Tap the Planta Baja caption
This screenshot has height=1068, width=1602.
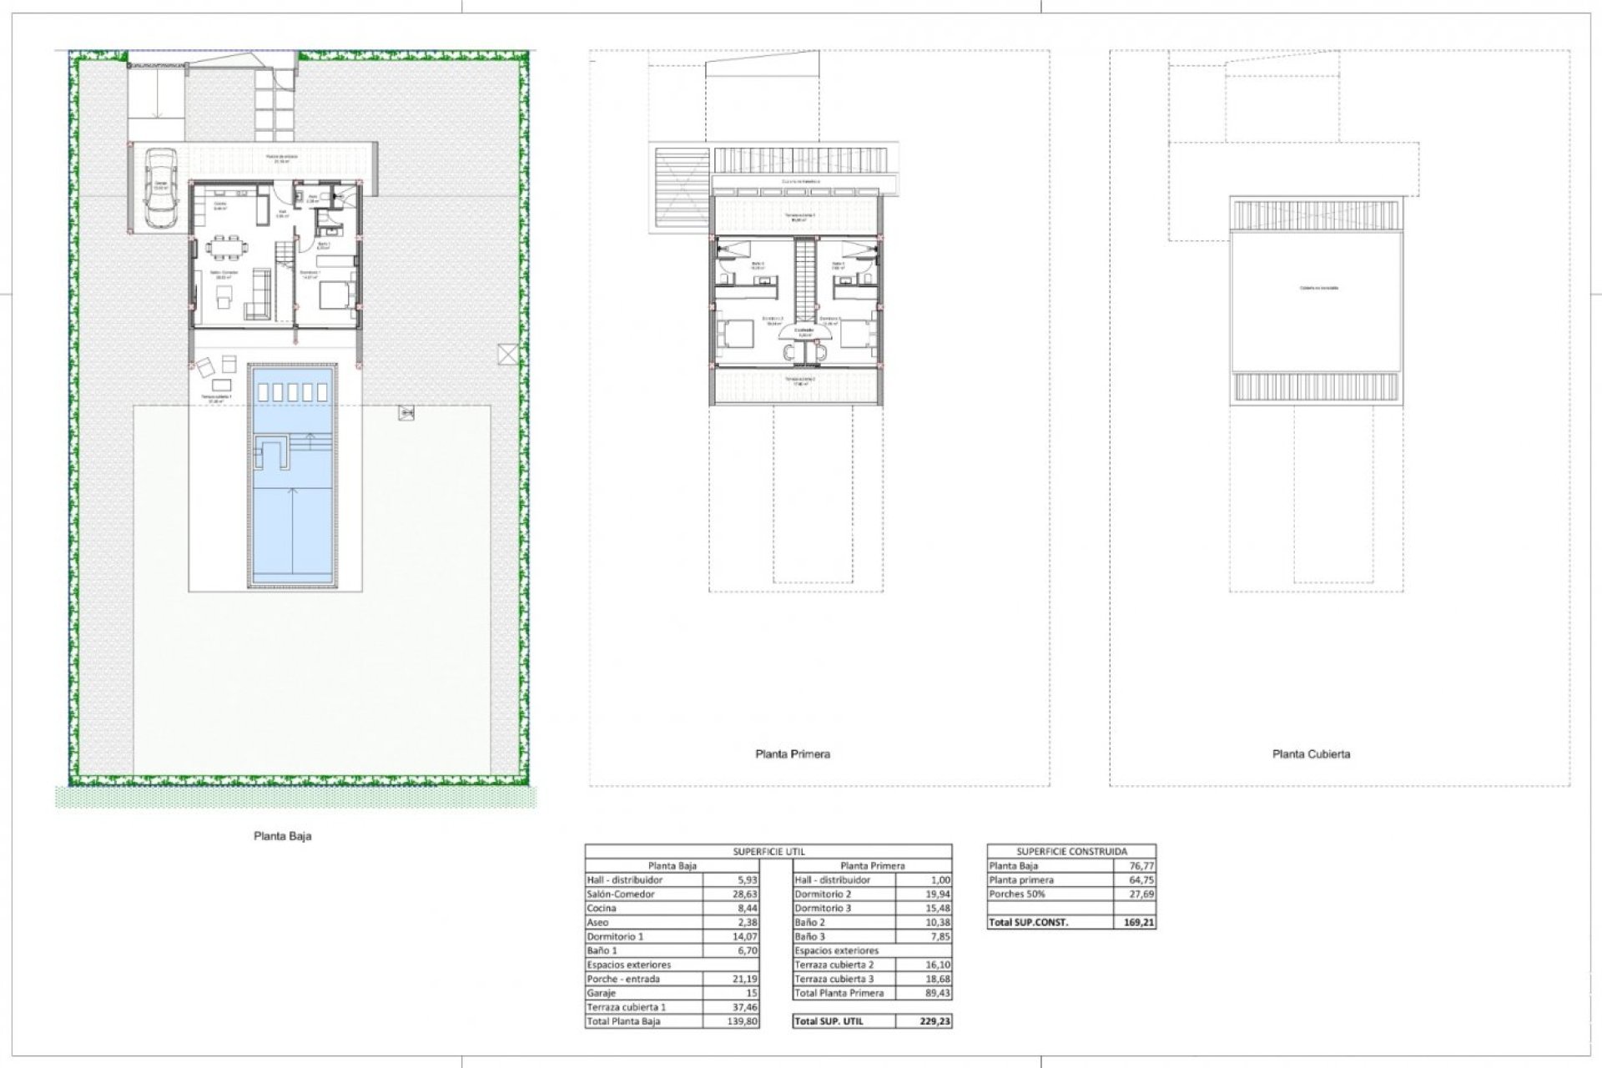pos(283,836)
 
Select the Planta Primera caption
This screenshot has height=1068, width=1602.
pos(793,754)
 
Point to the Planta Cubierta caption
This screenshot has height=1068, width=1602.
pos(1311,754)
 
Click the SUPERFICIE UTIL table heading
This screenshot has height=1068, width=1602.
pos(768,852)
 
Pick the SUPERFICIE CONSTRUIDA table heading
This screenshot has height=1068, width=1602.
pos(1071,852)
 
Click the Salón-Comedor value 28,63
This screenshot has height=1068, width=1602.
pos(745,894)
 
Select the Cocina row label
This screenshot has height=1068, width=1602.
pos(602,909)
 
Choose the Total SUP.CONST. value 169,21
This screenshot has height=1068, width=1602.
pos(1141,923)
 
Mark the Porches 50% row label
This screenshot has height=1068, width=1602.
pos(1017,894)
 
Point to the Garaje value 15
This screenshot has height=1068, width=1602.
pos(752,993)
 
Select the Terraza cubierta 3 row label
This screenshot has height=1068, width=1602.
pos(834,979)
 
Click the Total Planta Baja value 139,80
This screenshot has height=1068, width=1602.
pos(743,1021)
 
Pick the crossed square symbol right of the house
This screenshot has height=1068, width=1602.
pos(507,354)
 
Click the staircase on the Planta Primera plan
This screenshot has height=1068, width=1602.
pos(804,279)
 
